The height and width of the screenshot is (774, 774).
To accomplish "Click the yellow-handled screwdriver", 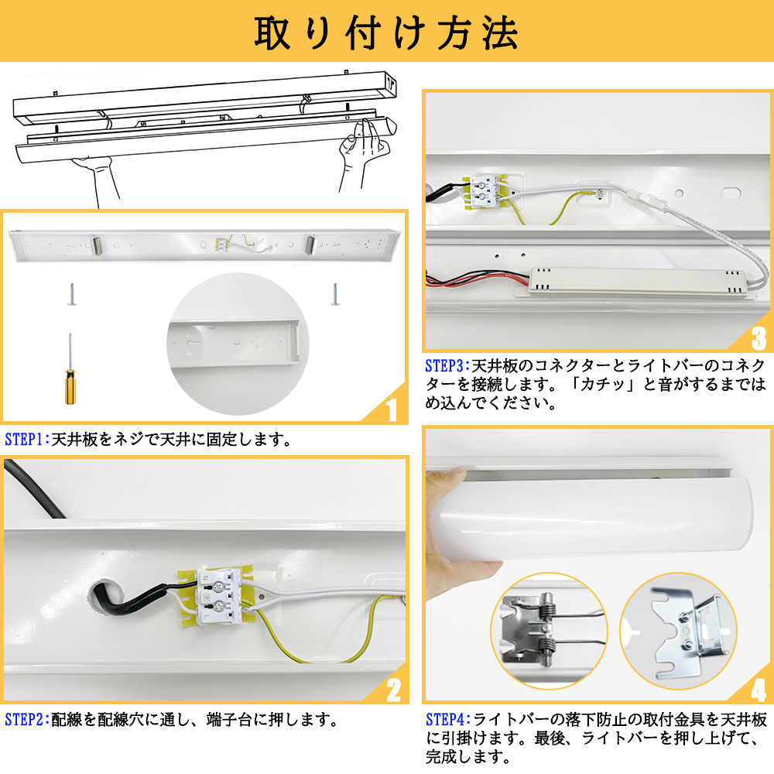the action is tap(70, 369).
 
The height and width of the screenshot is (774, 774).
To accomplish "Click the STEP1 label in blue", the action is tap(25, 440).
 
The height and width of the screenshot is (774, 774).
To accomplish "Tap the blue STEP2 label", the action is tap(25, 720).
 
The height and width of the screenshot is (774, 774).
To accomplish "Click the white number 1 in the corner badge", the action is tap(392, 409).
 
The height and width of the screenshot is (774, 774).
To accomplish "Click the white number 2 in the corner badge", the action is tap(393, 690).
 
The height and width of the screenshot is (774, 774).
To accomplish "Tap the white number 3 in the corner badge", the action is tap(759, 339).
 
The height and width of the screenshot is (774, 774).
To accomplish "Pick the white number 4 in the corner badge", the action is tap(759, 690).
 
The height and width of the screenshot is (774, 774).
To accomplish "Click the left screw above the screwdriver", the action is tap(72, 295).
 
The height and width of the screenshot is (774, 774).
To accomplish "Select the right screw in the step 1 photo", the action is tap(335, 295).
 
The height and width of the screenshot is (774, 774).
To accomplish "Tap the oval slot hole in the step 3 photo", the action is tap(731, 193).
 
